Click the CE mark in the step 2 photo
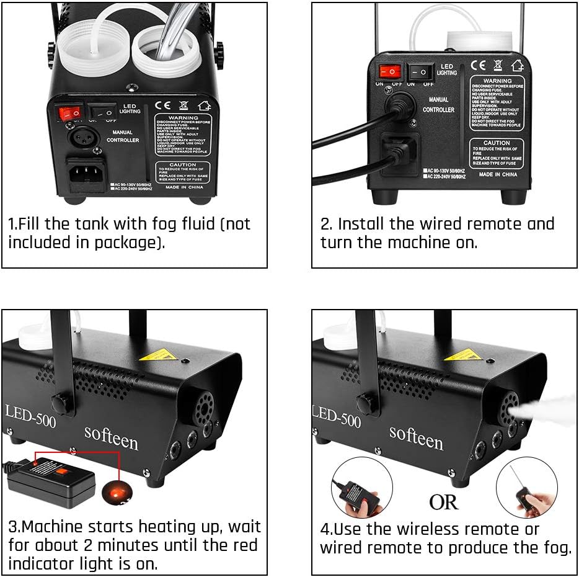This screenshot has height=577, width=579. pos(478,65)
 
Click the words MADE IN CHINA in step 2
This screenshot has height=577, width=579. pos(498,175)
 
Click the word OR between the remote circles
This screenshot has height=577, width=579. pos(444,502)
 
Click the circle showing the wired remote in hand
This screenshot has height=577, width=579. pos(361,488)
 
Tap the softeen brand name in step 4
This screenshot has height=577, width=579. pos(416,437)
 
